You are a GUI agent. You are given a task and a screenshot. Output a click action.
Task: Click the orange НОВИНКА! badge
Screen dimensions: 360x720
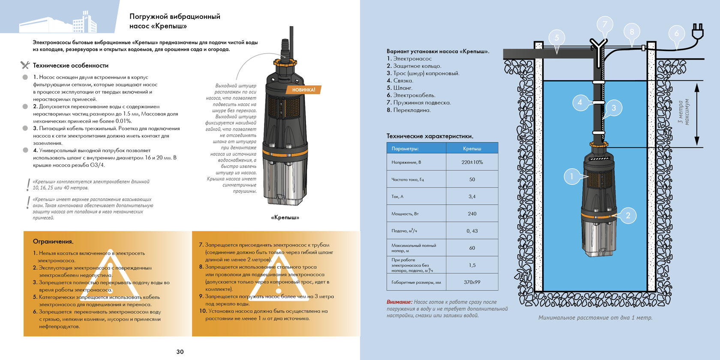(303, 90)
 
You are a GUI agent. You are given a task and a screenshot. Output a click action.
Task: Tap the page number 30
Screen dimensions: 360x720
(180, 351)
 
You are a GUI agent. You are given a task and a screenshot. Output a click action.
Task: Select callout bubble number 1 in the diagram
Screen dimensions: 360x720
(571, 176)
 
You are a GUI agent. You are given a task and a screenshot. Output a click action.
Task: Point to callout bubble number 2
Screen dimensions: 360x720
(628, 215)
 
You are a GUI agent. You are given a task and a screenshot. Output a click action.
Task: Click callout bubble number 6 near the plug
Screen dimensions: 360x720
(676, 33)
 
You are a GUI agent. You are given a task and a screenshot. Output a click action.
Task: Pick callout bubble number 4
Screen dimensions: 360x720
(579, 102)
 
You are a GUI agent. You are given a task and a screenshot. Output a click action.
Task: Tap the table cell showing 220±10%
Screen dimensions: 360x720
(472, 162)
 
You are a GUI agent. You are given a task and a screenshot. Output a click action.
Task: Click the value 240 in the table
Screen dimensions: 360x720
(472, 213)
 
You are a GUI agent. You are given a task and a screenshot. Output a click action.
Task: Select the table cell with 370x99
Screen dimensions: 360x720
(472, 282)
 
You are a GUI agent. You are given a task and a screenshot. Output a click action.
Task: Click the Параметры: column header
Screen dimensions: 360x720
(405, 148)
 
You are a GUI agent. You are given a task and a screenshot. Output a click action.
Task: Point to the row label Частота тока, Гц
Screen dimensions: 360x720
(408, 179)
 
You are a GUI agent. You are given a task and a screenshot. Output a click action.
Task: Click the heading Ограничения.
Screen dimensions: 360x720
(53, 241)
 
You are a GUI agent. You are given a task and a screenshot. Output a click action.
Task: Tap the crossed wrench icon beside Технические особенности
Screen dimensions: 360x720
(25, 66)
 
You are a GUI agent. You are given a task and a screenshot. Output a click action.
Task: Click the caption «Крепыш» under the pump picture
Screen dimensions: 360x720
(285, 217)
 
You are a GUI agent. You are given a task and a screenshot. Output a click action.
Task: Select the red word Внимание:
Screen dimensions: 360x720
(399, 302)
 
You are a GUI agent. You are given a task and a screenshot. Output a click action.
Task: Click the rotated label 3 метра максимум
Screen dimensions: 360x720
(684, 112)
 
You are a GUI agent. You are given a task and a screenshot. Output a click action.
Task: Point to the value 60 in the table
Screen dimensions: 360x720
(472, 248)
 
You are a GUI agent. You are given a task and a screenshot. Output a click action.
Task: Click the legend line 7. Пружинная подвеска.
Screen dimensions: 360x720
(418, 102)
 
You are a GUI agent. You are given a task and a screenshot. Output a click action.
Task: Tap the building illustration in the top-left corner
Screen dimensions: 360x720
(58, 22)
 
